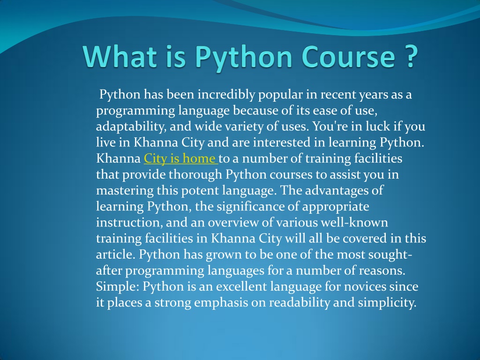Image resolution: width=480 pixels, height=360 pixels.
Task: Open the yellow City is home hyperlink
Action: point(180,158)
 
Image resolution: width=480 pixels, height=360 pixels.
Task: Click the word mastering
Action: point(125,191)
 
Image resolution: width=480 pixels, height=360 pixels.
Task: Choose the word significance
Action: point(250,207)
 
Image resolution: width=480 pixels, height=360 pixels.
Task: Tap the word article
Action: point(115,255)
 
